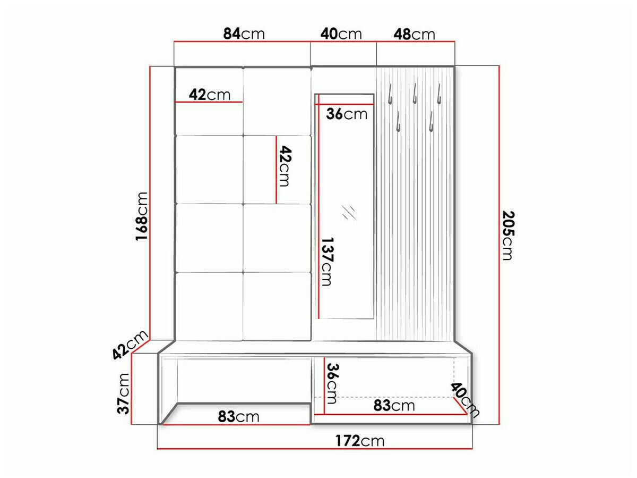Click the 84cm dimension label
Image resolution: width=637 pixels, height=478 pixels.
point(244,34)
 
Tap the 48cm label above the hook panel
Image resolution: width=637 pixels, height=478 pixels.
point(414,34)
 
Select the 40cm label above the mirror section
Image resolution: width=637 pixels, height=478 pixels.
point(341,34)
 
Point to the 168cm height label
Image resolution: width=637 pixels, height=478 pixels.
point(141,216)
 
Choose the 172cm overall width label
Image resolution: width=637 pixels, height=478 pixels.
point(359,441)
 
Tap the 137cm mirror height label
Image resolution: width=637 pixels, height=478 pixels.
point(326,261)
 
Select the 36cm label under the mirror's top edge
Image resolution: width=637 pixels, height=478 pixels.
point(347,114)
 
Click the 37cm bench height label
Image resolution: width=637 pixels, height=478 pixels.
point(124,393)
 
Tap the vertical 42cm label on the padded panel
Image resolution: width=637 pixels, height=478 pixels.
point(285,166)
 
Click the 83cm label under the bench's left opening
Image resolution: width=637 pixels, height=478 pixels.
point(238,416)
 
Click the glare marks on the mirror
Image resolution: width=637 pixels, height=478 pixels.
point(348,212)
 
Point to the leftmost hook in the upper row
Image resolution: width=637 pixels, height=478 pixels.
point(390,95)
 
